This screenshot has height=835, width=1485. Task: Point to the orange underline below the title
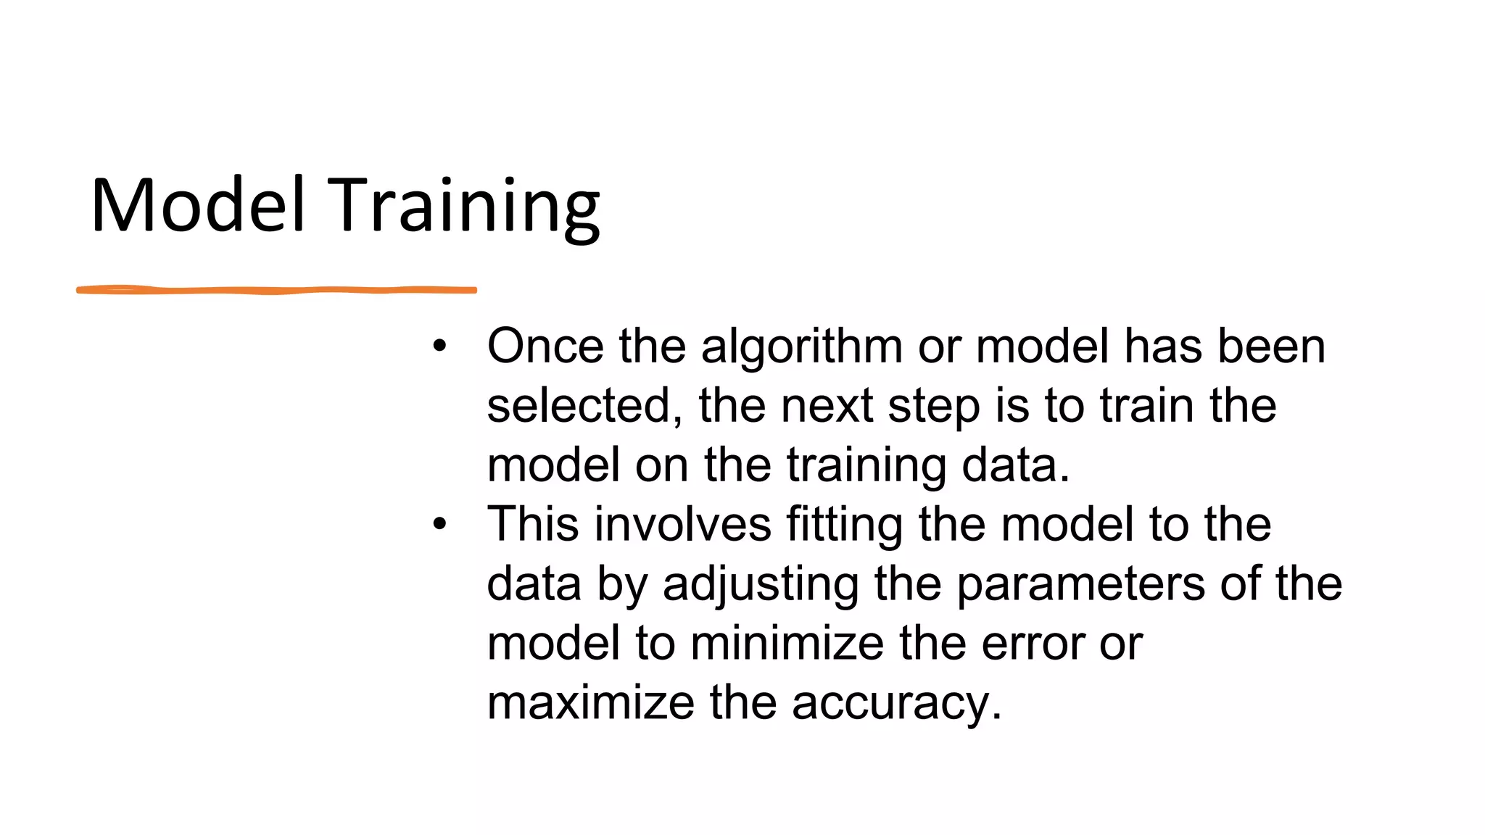[276, 290]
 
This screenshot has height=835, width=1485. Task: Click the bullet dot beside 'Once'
[439, 346]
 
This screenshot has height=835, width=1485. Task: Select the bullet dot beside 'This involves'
[439, 524]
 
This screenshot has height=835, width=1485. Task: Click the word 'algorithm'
[801, 348]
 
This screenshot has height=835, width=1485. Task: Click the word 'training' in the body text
[866, 466]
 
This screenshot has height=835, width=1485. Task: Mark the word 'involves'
[682, 525]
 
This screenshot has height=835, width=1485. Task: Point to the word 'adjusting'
[761, 586]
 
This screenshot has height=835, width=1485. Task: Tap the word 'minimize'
[787, 644]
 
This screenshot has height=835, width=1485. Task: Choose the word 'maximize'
[590, 703]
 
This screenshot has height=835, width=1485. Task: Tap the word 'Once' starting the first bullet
[545, 346]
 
